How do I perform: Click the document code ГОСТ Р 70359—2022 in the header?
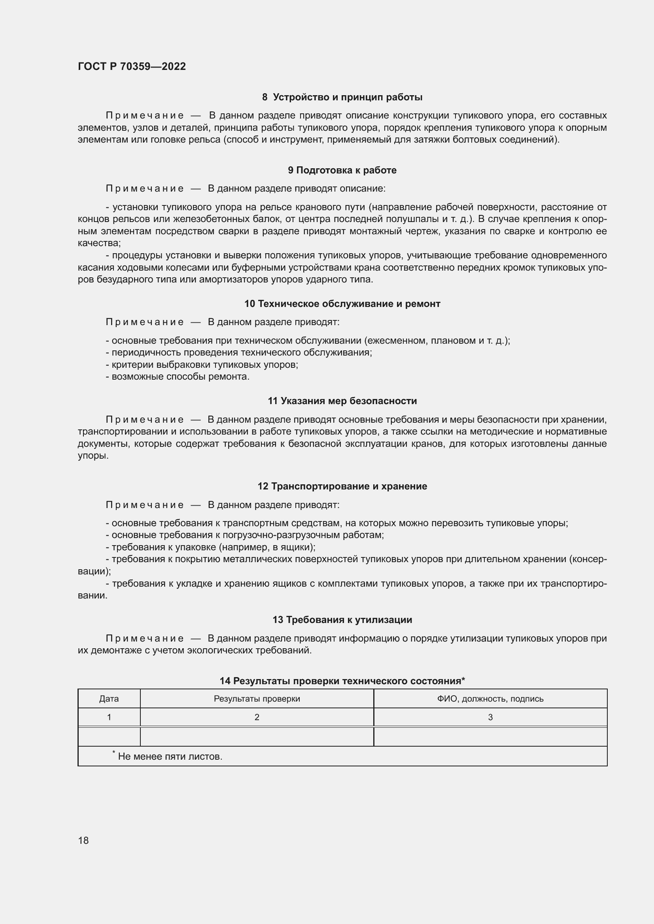click(132, 66)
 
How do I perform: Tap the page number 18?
click(83, 840)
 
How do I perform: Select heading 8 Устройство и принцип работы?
click(342, 97)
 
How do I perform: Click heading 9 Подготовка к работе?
click(342, 170)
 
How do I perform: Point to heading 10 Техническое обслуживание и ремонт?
click(342, 304)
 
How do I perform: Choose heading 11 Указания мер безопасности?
click(342, 401)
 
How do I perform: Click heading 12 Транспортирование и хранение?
click(342, 486)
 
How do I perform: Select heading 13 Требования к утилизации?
click(342, 620)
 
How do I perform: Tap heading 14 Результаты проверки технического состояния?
click(342, 681)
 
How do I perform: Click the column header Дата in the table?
click(109, 699)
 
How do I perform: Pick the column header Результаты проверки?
click(257, 699)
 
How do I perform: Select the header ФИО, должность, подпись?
click(490, 699)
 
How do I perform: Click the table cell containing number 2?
click(257, 717)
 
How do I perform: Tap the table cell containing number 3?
click(490, 717)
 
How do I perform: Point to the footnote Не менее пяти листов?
click(170, 757)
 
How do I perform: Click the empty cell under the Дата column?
click(109, 736)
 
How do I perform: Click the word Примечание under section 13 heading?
click(145, 638)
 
